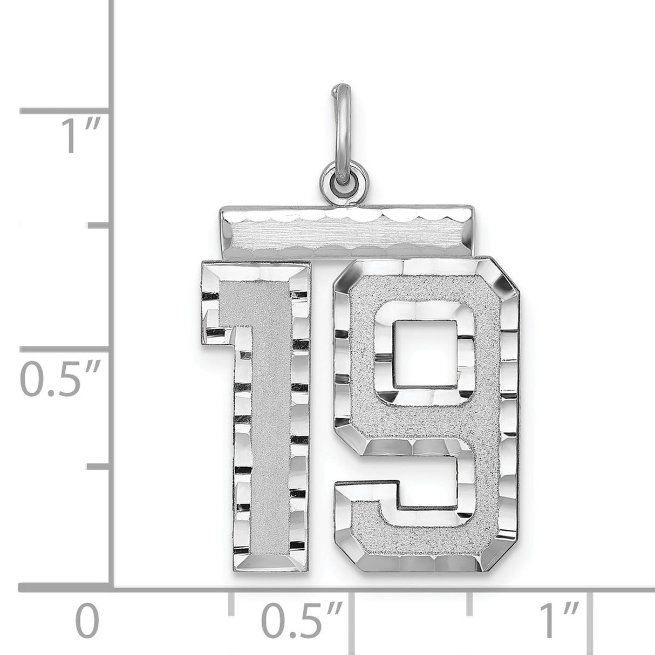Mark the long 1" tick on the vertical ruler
click(65, 111)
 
